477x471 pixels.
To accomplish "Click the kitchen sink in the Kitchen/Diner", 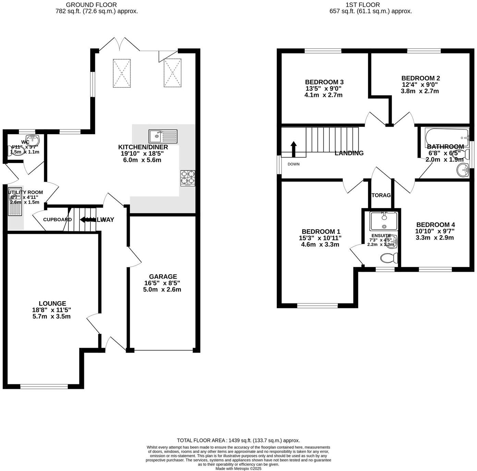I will click(x=163, y=136).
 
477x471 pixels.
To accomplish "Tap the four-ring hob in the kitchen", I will click(x=188, y=178).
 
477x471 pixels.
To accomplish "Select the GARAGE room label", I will click(x=163, y=277).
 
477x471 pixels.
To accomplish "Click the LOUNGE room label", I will click(x=52, y=303).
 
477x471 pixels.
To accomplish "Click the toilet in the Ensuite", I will click(x=389, y=258).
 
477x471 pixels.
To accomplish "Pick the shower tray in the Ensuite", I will click(x=383, y=221).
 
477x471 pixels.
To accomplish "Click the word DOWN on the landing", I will click(x=293, y=164).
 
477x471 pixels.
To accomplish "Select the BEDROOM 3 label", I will click(x=324, y=82).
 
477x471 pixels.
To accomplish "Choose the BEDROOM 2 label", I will click(x=420, y=78).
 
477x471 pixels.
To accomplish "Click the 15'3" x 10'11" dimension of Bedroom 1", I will click(x=320, y=238).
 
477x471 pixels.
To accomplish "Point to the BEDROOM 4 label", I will click(x=436, y=225).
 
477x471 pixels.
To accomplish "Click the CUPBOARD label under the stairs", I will click(x=57, y=219).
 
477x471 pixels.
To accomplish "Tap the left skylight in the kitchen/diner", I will click(x=122, y=73).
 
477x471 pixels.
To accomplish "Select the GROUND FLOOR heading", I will click(x=91, y=5).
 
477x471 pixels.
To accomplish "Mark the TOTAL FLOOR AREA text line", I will click(x=238, y=441).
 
